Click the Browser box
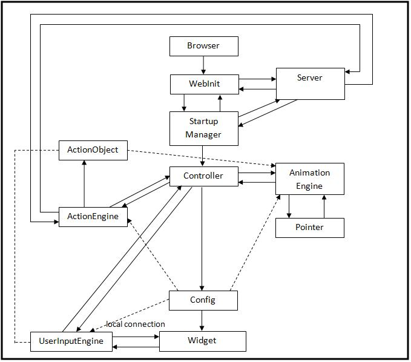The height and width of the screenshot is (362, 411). click(x=203, y=46)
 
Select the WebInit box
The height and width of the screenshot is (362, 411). click(x=203, y=84)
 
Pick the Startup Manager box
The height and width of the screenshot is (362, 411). click(x=203, y=128)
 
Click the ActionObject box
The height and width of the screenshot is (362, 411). click(x=93, y=150)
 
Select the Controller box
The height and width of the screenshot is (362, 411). click(x=203, y=176)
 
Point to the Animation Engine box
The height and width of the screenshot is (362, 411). click(x=310, y=179)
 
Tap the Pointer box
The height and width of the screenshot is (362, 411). click(x=310, y=228)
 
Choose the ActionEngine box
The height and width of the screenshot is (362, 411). click(x=93, y=217)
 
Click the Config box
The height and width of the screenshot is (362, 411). click(x=203, y=300)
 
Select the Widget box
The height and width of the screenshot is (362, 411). click(x=202, y=341)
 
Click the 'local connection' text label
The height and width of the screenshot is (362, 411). click(x=136, y=324)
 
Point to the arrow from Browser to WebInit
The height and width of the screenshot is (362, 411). click(x=203, y=65)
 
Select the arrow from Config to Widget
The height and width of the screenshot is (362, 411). click(x=202, y=320)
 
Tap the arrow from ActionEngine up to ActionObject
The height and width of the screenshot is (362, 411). click(x=84, y=184)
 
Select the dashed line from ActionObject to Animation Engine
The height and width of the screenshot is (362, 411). click(x=200, y=157)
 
